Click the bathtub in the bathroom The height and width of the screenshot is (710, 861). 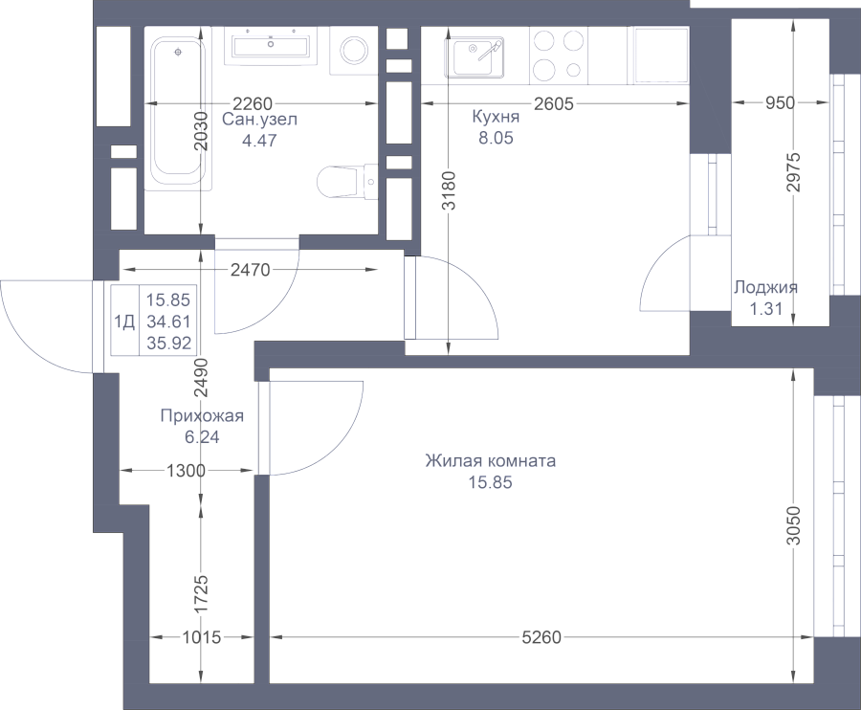coord(179,114)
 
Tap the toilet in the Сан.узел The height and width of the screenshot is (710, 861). coord(347,182)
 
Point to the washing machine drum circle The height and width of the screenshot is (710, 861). coord(354,51)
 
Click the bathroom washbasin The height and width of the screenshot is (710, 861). coord(270,46)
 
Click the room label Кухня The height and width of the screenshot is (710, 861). coord(496,117)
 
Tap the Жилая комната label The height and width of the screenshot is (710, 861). coord(491,460)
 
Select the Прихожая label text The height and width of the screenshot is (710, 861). coord(202,415)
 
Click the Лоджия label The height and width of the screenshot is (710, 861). coord(766,287)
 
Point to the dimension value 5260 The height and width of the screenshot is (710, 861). coord(541,637)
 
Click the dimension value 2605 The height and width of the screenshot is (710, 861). coord(554,103)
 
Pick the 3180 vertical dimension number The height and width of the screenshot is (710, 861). coord(449,190)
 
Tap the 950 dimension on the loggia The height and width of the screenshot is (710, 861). coord(781,102)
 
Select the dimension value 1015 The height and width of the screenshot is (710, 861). coord(202,637)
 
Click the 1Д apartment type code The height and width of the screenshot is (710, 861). coord(124,322)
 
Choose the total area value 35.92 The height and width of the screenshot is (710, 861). coord(168,344)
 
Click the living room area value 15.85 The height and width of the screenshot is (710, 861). coord(491,482)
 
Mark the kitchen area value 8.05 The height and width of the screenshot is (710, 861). coord(496,138)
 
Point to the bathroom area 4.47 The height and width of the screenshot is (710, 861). coord(259,141)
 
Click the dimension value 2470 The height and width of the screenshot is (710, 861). coord(251,270)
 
